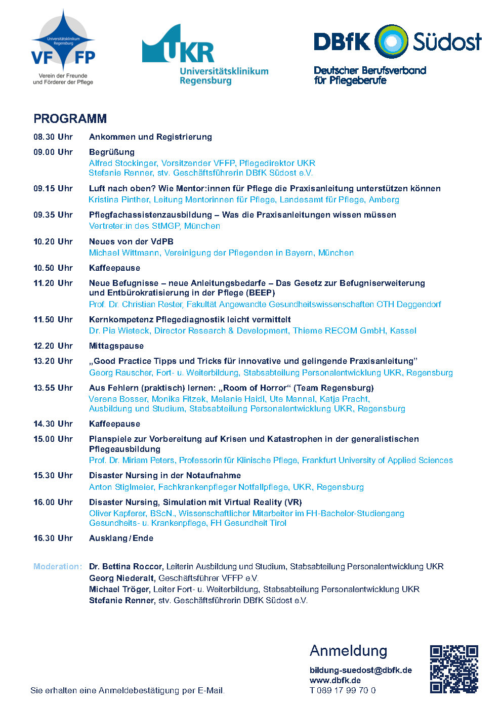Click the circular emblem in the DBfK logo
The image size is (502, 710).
pyautogui.click(x=391, y=41)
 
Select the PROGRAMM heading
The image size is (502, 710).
pyautogui.click(x=70, y=119)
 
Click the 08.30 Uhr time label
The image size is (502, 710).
pyautogui.click(x=53, y=137)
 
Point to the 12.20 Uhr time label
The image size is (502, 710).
pyautogui.click(x=53, y=346)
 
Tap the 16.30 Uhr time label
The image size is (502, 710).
pyautogui.click(x=53, y=538)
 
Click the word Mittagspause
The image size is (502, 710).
pyautogui.click(x=116, y=346)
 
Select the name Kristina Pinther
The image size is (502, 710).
pyautogui.click(x=119, y=200)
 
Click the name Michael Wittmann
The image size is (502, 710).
pyautogui.click(x=124, y=253)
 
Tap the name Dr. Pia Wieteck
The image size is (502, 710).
pyautogui.click(x=119, y=331)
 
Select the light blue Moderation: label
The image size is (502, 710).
pyautogui.click(x=57, y=567)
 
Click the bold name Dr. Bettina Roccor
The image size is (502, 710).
pyautogui.click(x=126, y=567)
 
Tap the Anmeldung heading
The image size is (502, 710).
pyautogui.click(x=348, y=651)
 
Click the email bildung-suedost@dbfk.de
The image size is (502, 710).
pyautogui.click(x=360, y=671)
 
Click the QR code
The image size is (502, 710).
pyautogui.click(x=454, y=669)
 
